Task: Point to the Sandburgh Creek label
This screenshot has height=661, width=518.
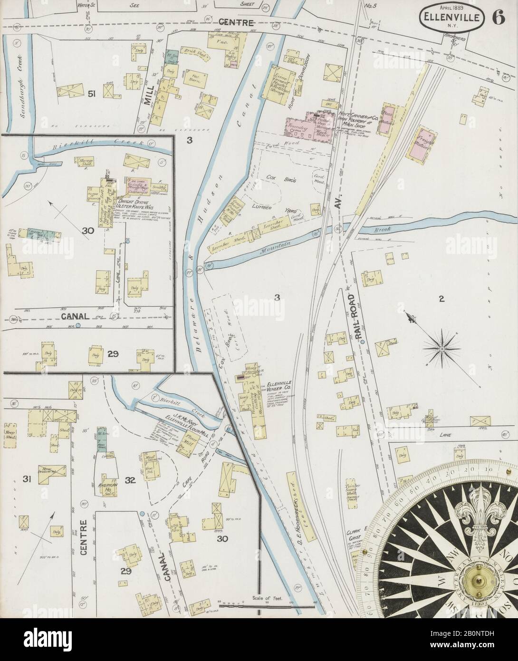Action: [19, 85]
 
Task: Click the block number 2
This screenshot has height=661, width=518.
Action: [441, 299]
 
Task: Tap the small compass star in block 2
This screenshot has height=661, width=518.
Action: [441, 350]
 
